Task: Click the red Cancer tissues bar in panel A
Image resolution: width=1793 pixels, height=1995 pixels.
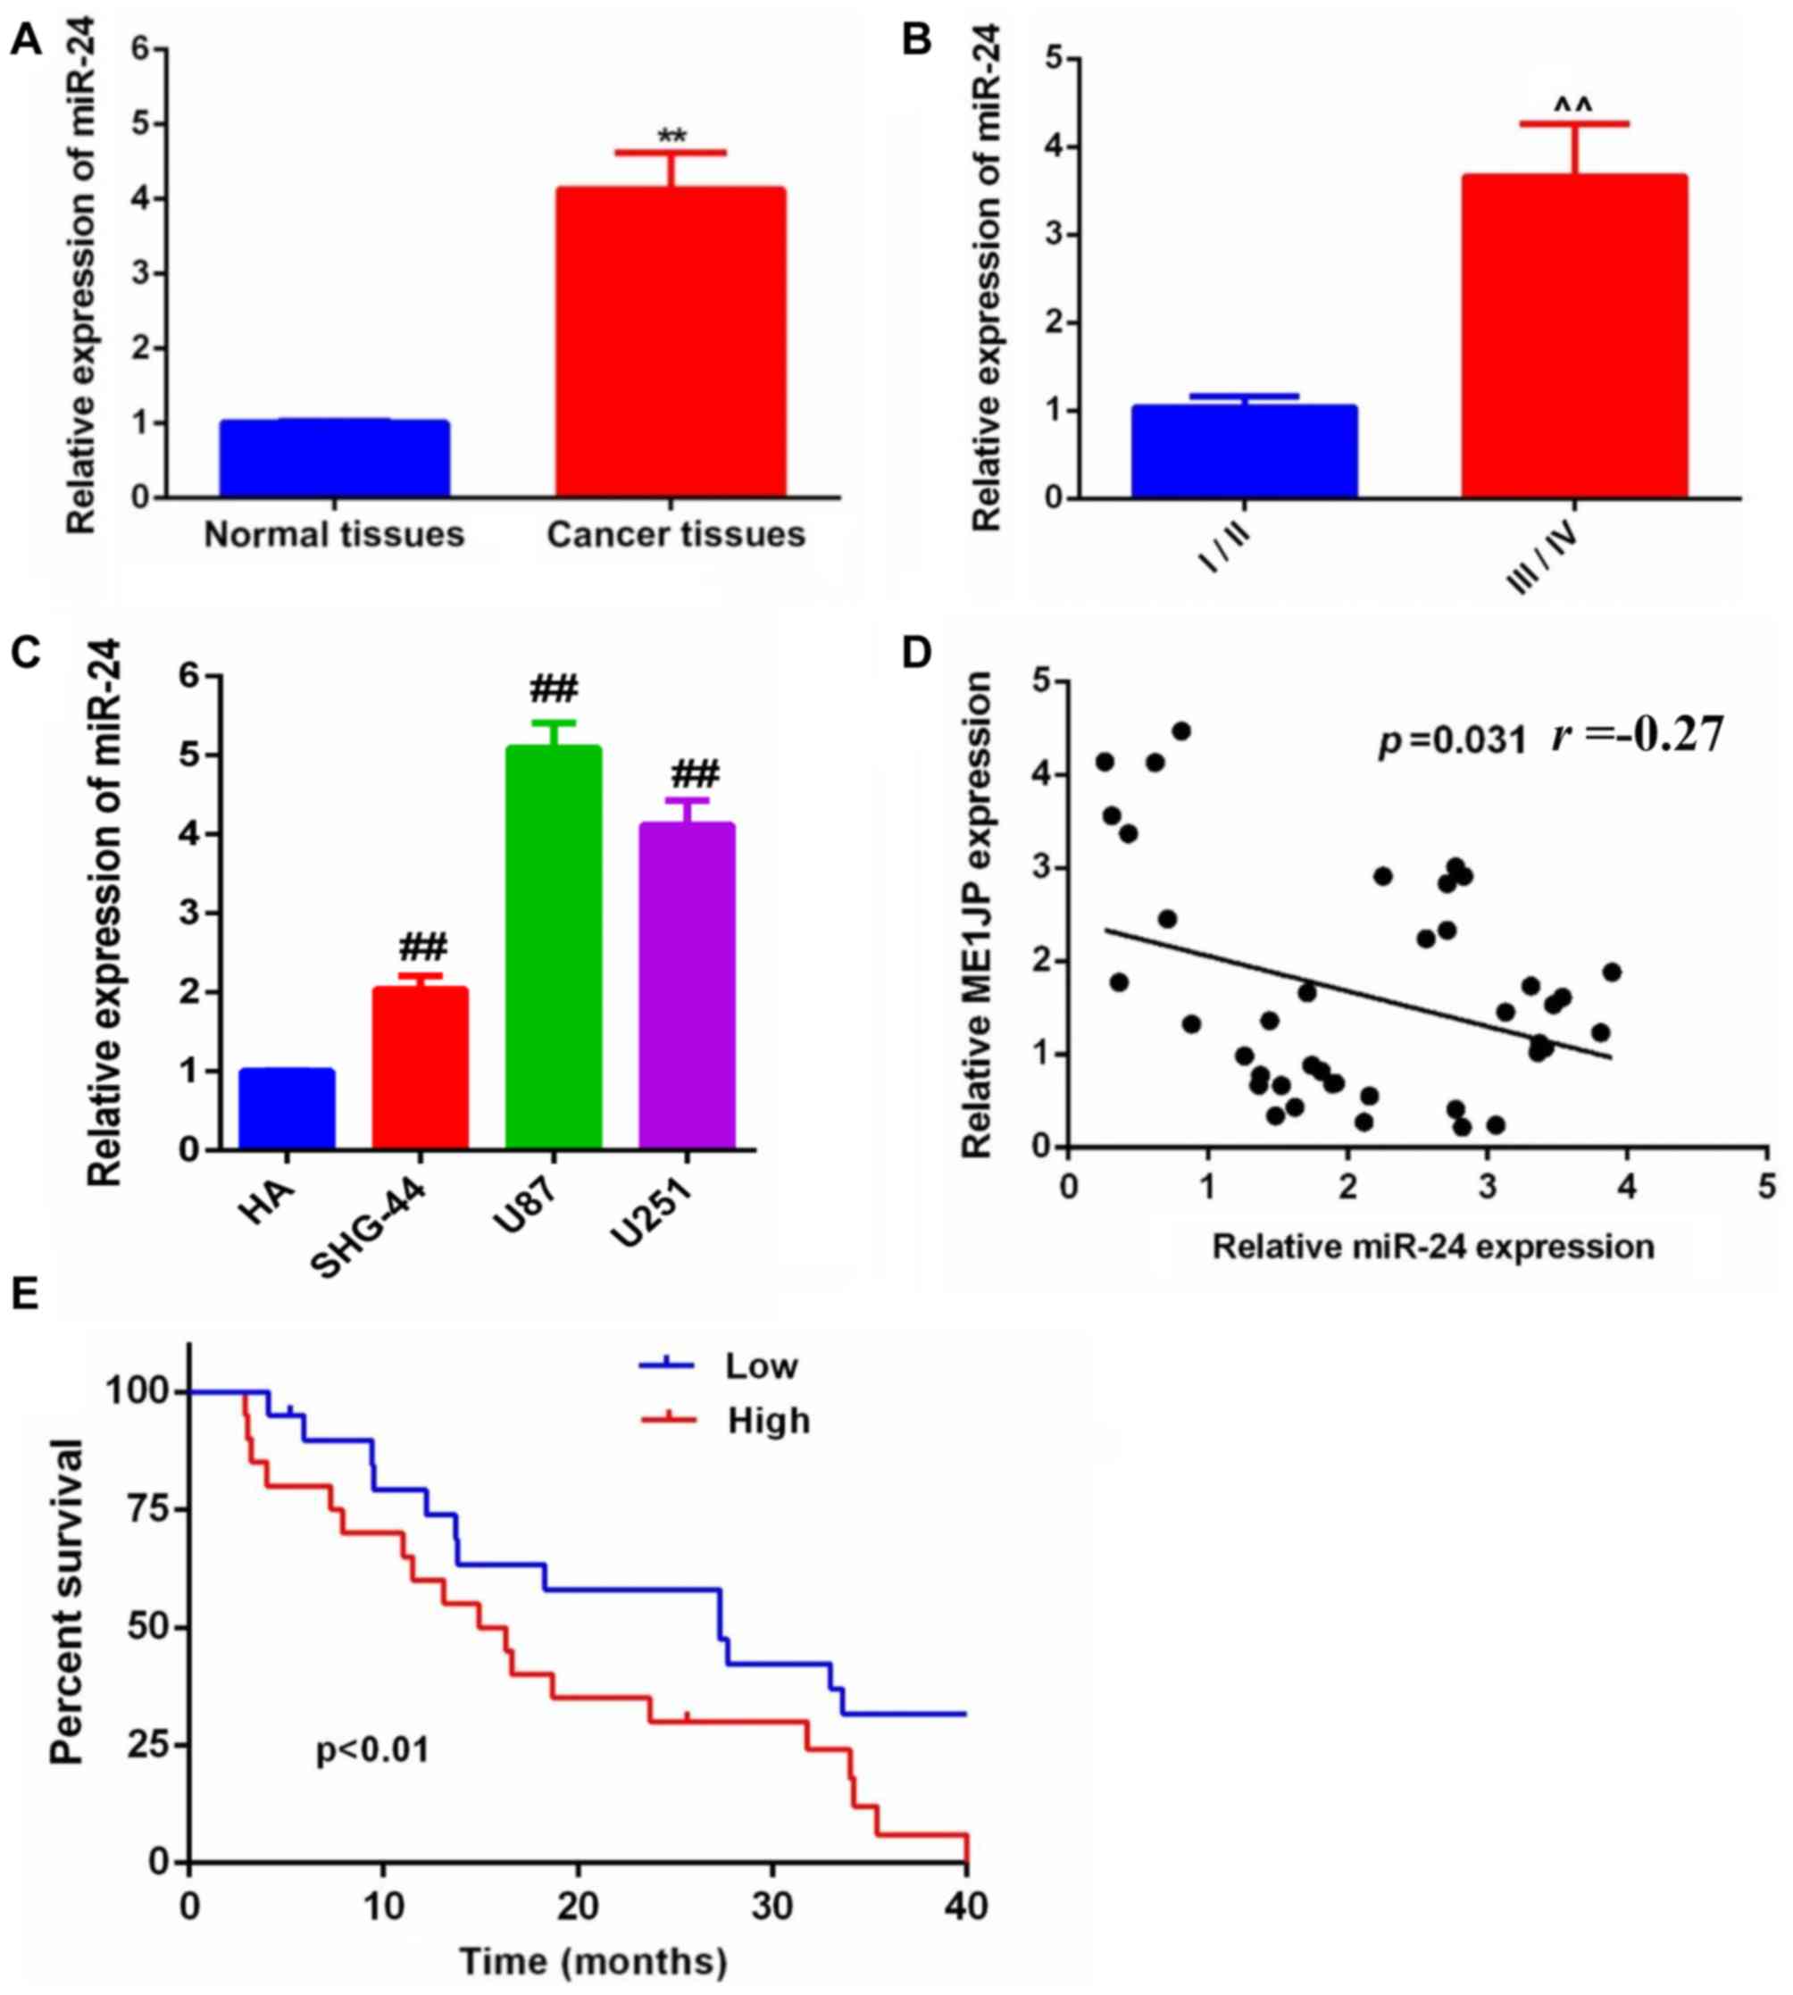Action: [x=670, y=341]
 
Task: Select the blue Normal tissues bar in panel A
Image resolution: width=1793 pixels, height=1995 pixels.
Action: [x=334, y=458]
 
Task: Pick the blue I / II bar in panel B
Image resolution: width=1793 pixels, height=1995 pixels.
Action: [x=1243, y=451]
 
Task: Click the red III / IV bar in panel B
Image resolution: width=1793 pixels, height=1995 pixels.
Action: [x=1574, y=335]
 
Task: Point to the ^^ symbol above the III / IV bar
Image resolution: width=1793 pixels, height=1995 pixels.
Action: [x=1573, y=104]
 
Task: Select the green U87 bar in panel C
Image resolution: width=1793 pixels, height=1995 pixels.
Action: [x=553, y=946]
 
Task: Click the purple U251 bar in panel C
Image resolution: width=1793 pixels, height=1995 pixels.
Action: [x=687, y=985]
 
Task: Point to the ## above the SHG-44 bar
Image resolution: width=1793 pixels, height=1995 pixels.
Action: [x=422, y=947]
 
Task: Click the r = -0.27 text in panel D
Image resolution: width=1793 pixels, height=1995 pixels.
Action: [x=1638, y=735]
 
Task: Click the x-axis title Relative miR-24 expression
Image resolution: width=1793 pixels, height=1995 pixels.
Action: [x=1432, y=1248]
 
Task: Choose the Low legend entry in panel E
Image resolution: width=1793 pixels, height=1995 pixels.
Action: [x=761, y=1366]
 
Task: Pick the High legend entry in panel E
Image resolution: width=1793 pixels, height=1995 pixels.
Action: [x=769, y=1421]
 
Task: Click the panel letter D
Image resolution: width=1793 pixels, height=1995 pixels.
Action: [x=917, y=653]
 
